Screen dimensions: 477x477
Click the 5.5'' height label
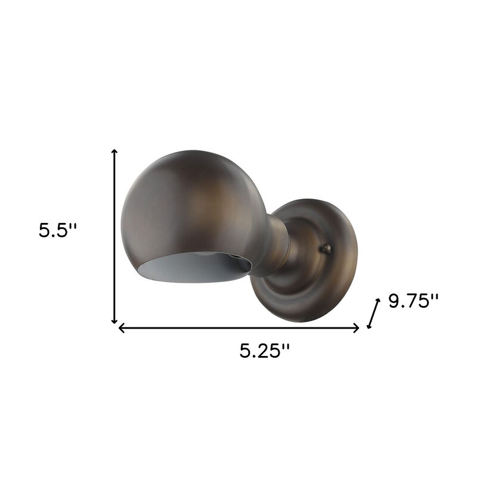click(x=58, y=230)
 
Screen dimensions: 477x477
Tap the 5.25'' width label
click(x=265, y=351)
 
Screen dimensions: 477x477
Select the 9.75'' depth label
click(x=413, y=301)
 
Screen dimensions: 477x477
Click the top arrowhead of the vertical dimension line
click(x=114, y=153)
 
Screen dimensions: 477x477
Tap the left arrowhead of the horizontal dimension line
click(x=122, y=327)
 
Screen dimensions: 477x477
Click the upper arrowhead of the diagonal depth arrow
click(x=377, y=302)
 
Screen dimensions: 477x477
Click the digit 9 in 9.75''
click(x=395, y=301)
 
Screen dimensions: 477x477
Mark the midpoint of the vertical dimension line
click(x=114, y=237)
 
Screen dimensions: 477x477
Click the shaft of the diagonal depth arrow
click(x=374, y=314)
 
